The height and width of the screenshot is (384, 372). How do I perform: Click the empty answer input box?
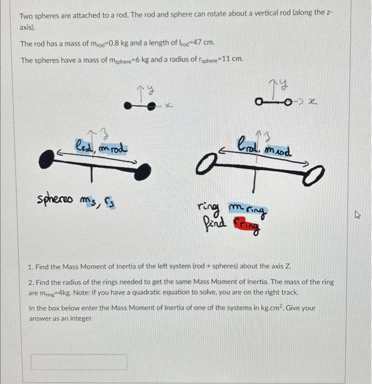78,362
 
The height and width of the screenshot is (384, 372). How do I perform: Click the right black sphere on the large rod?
142,172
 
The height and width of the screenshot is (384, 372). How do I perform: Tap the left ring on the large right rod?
204,163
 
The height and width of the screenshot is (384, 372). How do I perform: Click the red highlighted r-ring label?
246,224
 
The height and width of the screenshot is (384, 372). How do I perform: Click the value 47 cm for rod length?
201,43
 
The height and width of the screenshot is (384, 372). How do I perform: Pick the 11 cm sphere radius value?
232,60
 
